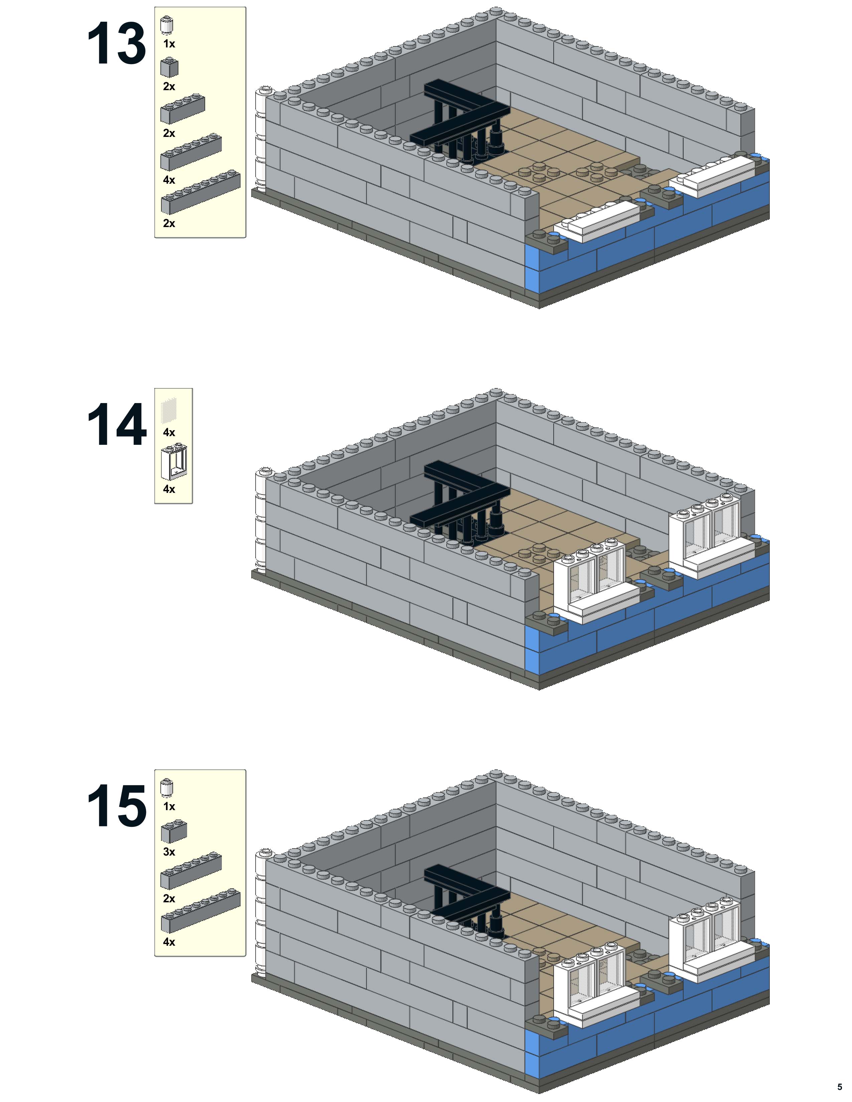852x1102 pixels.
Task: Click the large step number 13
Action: [x=117, y=44]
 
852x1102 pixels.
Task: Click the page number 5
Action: [x=839, y=1086]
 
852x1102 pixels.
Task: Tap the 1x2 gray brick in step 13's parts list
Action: [x=169, y=67]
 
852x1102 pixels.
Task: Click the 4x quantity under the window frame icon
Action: [x=169, y=489]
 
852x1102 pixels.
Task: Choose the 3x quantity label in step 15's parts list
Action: [x=169, y=852]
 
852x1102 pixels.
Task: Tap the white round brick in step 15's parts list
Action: [x=167, y=788]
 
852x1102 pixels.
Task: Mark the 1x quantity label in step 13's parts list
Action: [x=169, y=44]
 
